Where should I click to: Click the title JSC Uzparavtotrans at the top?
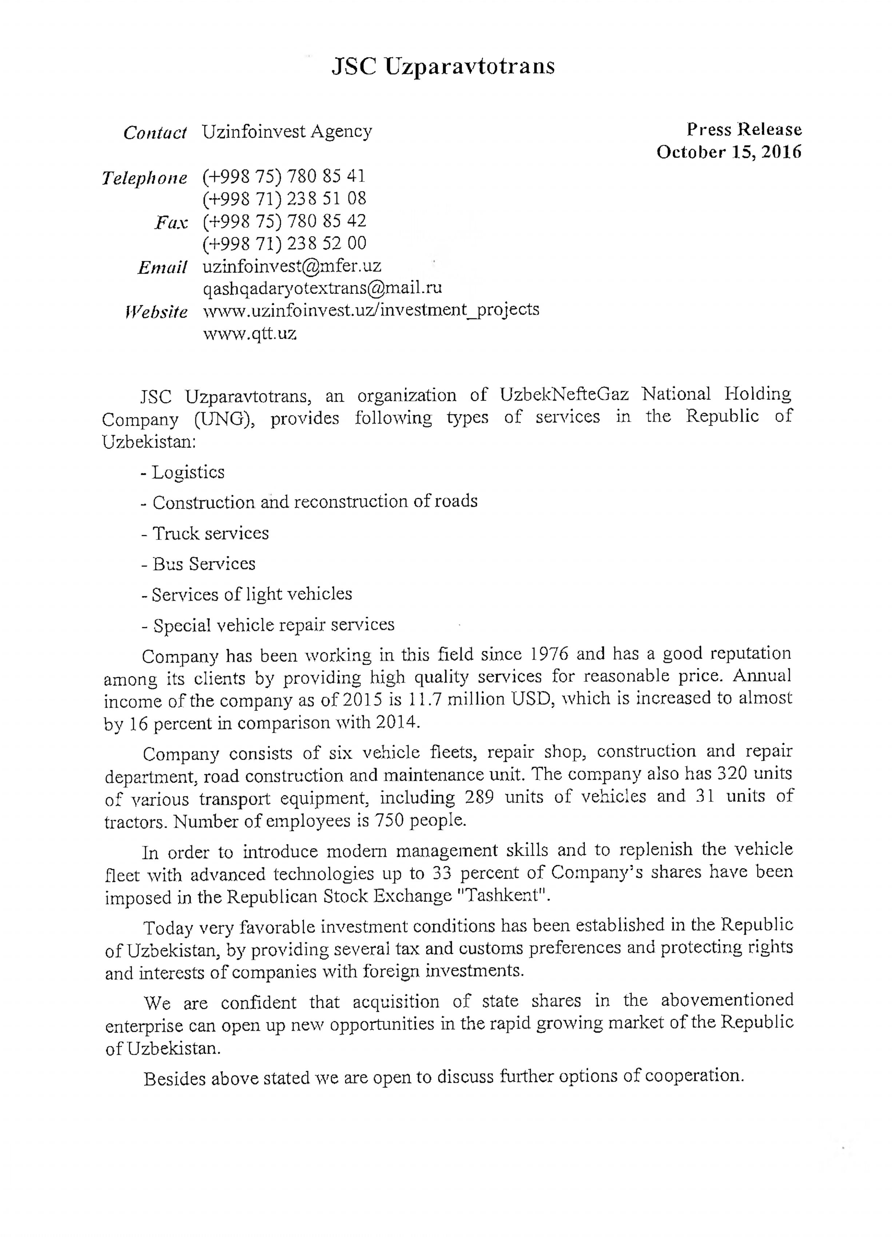(443, 67)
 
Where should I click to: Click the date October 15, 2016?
(729, 152)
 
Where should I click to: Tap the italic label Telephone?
(144, 178)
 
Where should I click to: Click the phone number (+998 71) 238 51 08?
(284, 199)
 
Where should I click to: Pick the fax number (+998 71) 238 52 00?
(284, 243)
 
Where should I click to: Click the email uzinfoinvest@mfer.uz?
(292, 266)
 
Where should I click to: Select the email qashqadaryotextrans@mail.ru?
(322, 288)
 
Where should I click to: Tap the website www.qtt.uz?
(250, 333)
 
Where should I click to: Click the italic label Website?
(156, 311)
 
